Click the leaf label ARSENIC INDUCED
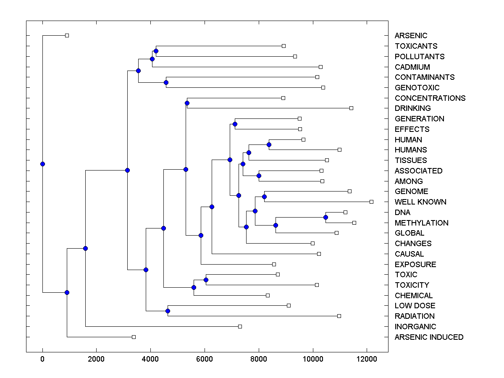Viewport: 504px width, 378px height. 429,337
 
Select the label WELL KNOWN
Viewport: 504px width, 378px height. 420,202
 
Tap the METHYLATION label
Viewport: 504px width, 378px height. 421,223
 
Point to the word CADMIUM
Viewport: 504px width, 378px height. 412,67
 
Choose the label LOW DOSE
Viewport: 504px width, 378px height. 415,306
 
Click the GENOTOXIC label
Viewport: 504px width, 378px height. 417,87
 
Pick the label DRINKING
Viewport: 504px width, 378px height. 412,108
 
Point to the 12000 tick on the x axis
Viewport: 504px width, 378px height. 367,358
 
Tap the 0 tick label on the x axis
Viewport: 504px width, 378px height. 42,358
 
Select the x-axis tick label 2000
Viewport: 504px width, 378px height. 97,358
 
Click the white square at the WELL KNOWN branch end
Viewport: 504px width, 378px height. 371,202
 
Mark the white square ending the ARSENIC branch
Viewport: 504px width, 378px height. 67,35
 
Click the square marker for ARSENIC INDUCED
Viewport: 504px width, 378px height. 134,337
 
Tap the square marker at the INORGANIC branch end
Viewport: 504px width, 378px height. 240,326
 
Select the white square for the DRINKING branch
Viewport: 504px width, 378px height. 351,108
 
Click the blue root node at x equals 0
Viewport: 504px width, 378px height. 42,164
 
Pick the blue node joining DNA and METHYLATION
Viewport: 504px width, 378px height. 325,217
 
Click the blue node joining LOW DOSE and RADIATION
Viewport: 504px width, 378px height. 168,311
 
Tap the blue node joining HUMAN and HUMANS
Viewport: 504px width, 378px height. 269,144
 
